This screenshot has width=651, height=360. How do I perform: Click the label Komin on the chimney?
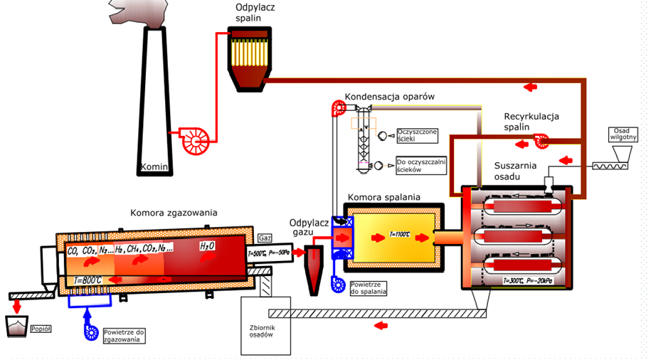154,168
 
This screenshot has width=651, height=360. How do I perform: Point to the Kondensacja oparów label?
389,96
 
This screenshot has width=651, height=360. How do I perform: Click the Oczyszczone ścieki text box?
417,134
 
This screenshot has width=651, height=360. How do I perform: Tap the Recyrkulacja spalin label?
532,121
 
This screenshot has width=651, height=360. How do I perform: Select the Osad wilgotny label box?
621,134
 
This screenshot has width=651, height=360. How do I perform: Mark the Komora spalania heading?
384,196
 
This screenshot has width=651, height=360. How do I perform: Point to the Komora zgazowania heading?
174,212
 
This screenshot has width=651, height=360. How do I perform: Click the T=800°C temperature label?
88,280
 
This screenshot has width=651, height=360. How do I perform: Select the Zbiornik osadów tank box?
265,324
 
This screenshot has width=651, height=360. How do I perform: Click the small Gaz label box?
265,238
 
